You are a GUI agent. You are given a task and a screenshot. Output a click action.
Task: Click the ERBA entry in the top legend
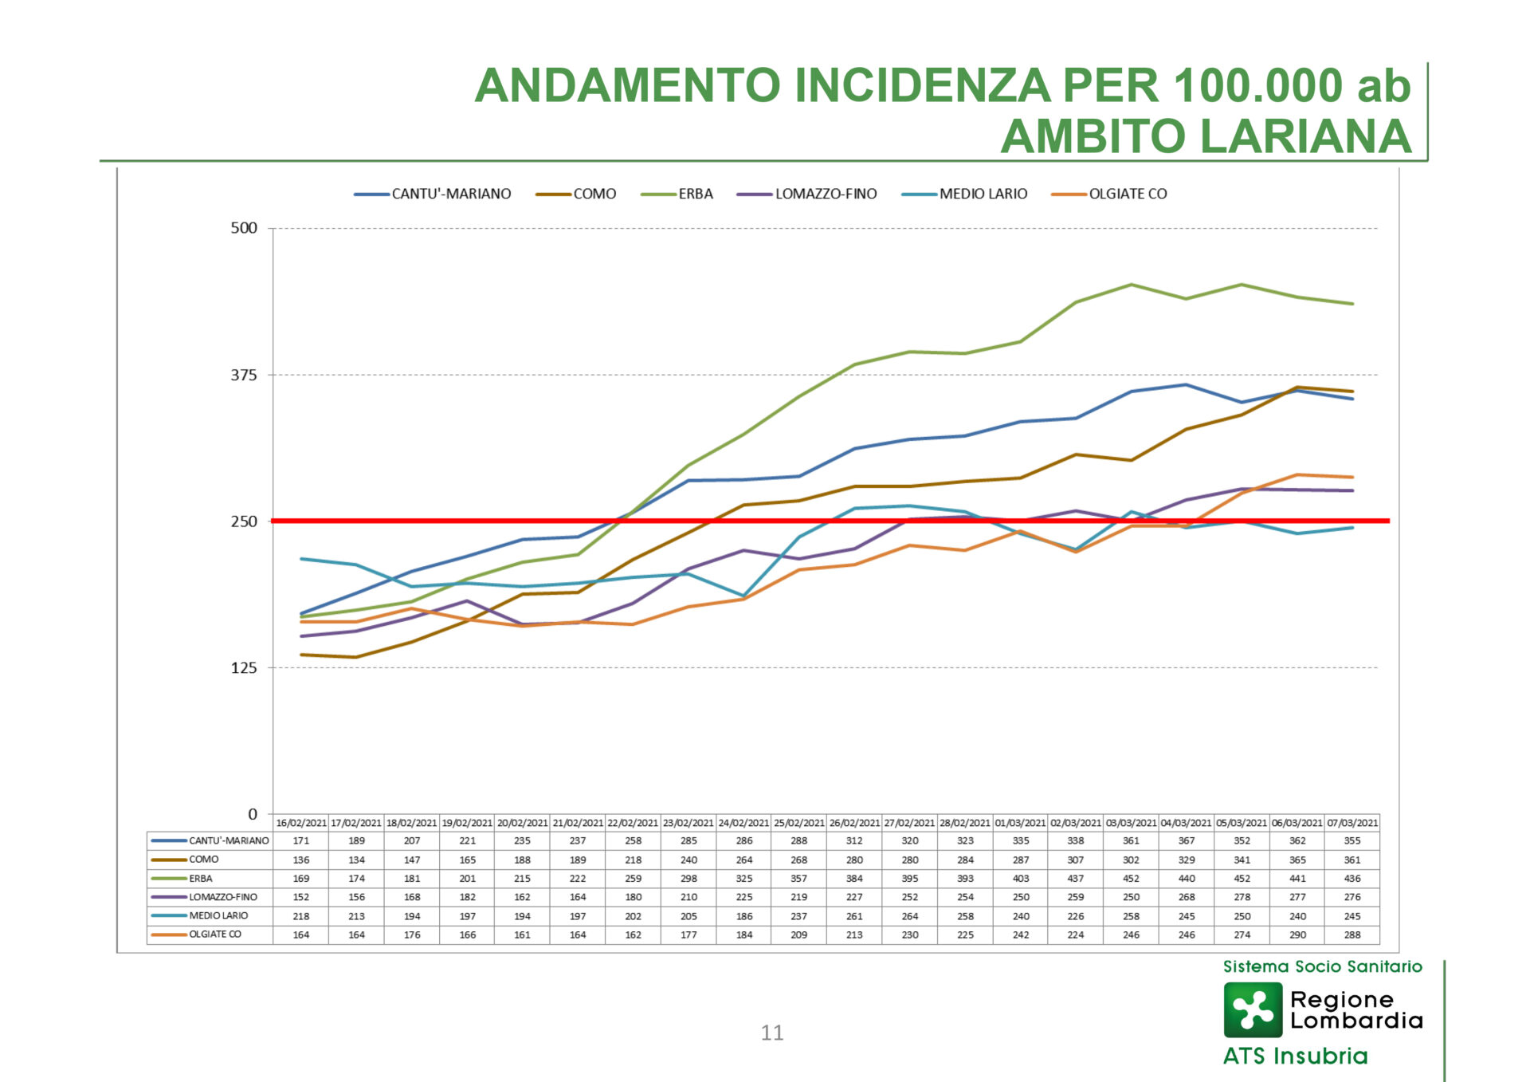coord(695,194)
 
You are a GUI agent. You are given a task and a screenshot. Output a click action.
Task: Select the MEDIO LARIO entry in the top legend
coord(983,194)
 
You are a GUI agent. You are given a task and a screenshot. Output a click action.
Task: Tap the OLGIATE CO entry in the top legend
coord(1127,194)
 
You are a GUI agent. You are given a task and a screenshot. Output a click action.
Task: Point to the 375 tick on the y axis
coord(245,375)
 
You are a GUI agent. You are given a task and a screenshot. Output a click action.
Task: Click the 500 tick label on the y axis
coord(245,228)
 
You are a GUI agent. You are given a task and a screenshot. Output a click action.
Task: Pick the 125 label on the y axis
coord(245,667)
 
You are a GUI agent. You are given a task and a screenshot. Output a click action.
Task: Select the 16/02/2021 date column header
coord(301,822)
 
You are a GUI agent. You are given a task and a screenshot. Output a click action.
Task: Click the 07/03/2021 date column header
coord(1352,822)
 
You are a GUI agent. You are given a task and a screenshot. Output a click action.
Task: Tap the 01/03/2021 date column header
coord(1020,822)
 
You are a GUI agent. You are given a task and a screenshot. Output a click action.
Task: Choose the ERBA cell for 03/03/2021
coord(1131,878)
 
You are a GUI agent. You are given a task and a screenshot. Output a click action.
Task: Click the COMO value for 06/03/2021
coord(1297,860)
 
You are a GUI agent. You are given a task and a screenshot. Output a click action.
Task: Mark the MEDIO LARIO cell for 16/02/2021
coord(301,916)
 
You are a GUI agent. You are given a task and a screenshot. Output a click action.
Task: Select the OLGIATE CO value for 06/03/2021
coord(1297,934)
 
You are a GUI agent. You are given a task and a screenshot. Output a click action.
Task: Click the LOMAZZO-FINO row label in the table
coord(222,897)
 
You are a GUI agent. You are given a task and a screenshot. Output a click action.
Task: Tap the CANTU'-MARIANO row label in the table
coord(228,840)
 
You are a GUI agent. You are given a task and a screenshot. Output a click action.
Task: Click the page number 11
coord(771,1033)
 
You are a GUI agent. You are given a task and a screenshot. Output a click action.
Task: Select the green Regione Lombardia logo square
coord(1253,1009)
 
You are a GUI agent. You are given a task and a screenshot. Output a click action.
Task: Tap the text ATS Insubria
coord(1295,1056)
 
